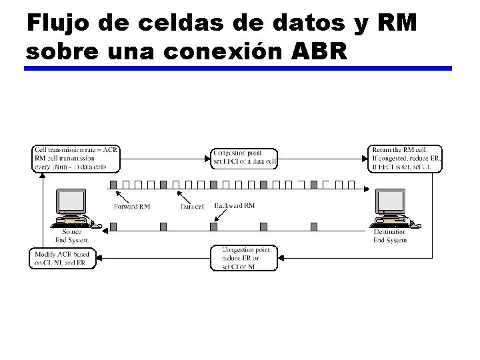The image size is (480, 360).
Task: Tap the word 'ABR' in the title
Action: pos(320,51)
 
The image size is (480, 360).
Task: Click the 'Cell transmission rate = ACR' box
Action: pos(76,159)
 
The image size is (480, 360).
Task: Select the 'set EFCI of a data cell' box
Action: pos(245,159)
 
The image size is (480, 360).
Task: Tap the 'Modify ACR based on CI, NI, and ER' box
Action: pos(63,259)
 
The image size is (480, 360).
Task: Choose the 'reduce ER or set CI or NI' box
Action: pos(245,258)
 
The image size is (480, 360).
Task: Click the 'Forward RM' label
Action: pos(132,207)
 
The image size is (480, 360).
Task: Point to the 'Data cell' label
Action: pos(193,207)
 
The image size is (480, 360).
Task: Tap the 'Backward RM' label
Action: pos(235,206)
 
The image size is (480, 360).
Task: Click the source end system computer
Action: pos(71,206)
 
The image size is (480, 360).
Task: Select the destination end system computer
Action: pos(389,206)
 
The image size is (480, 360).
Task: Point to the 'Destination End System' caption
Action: pos(389,236)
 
